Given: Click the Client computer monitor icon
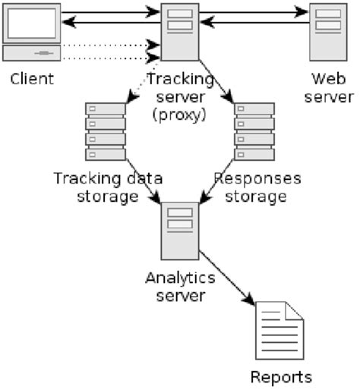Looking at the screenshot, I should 31,23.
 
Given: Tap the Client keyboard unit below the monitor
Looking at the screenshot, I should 32,53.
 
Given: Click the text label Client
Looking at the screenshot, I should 32,78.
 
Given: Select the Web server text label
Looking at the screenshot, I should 331,87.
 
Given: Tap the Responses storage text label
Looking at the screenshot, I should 258,187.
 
